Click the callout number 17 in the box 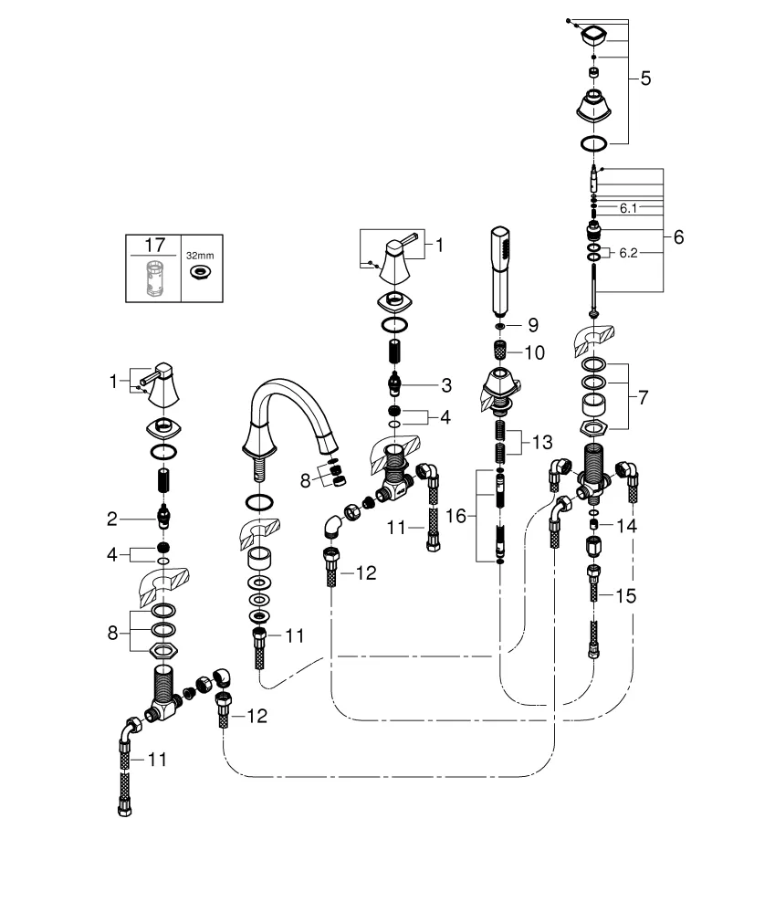click(155, 246)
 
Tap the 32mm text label click(199, 256)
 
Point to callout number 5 click(645, 79)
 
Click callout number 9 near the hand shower click(534, 324)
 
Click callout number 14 click(626, 526)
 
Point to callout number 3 click(446, 386)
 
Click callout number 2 click(112, 519)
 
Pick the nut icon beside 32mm click(198, 273)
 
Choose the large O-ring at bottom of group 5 click(593, 143)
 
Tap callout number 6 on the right click(678, 237)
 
